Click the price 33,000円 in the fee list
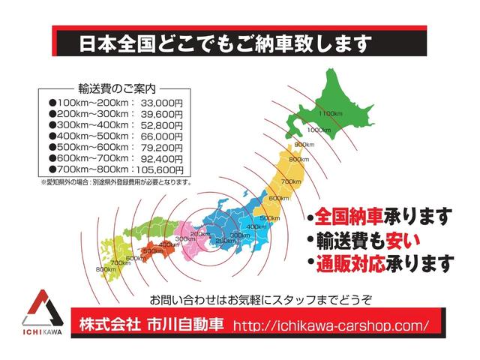click(x=160, y=101)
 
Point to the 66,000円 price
click(x=160, y=136)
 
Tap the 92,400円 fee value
click(x=160, y=159)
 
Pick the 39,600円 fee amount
click(x=160, y=113)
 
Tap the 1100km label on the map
click(x=330, y=113)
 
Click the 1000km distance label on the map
click(x=319, y=130)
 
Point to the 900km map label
click(x=304, y=145)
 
